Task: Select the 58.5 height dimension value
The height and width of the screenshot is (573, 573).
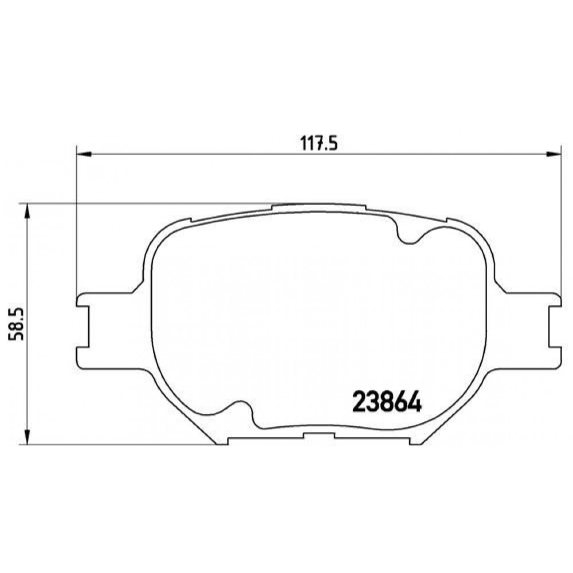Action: (x=17, y=324)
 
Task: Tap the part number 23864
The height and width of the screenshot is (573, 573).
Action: (x=387, y=402)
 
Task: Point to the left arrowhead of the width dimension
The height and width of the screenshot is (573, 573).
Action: (x=84, y=154)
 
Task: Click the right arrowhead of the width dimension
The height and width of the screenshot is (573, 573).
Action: (x=554, y=154)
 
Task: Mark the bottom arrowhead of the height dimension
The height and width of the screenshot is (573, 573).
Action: (x=27, y=437)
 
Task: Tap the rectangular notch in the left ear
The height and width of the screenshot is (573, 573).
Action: (x=83, y=327)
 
